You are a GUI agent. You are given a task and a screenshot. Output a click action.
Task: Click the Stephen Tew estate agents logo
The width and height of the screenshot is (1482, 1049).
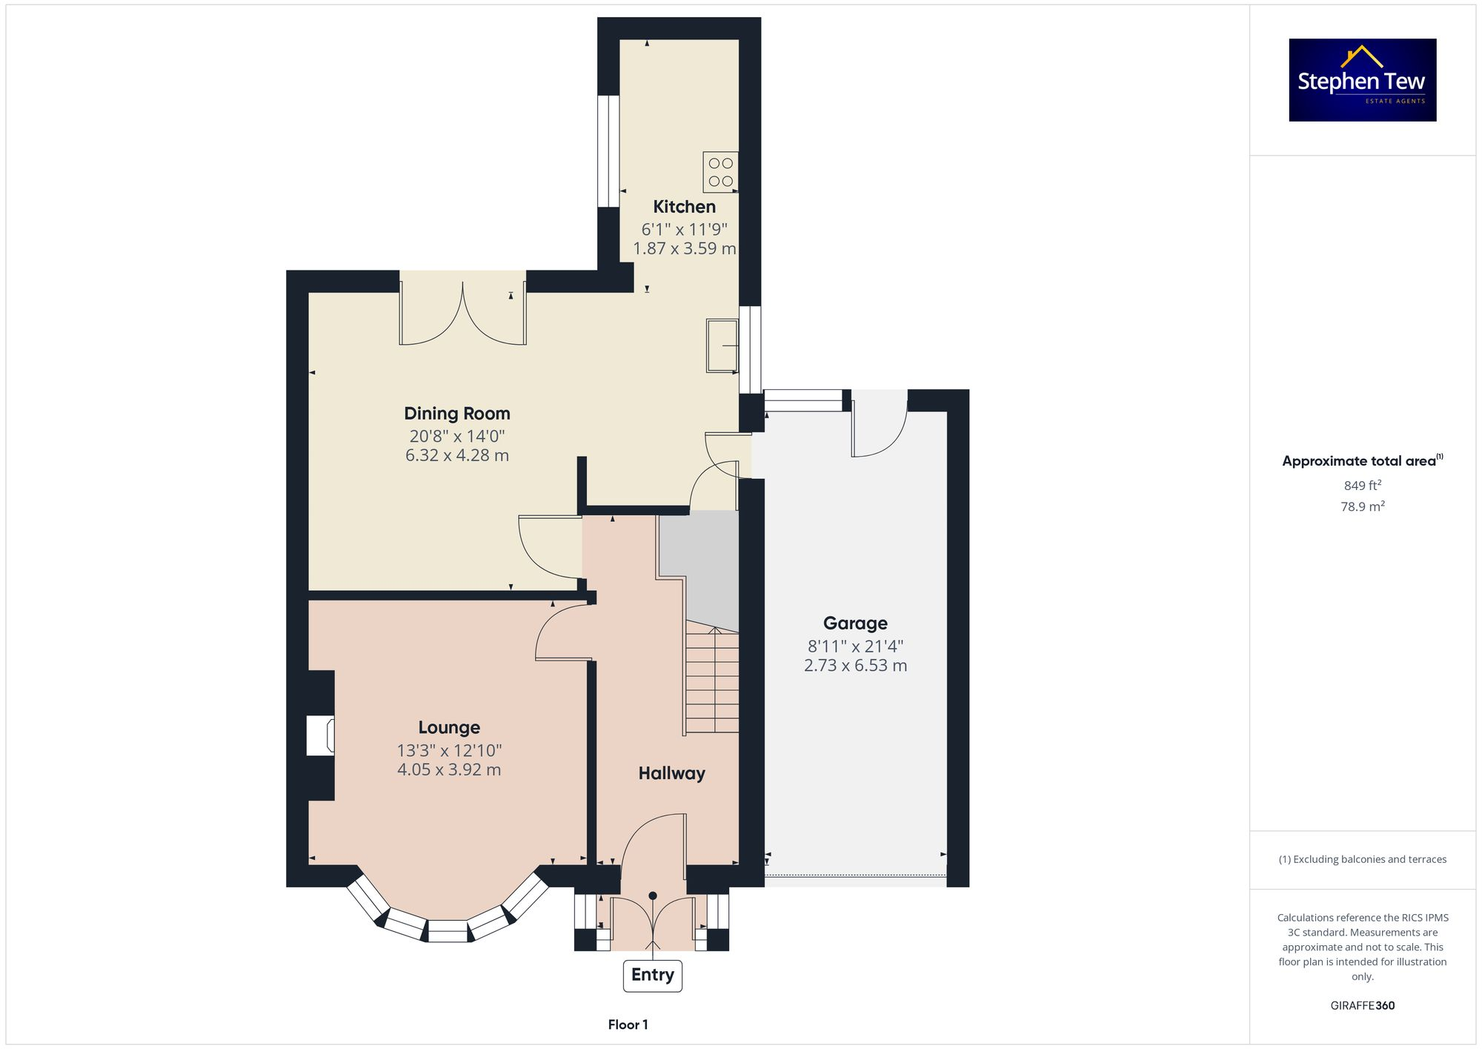(x=1362, y=80)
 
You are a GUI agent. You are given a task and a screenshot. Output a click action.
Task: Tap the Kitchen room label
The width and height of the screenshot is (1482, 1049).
(x=684, y=207)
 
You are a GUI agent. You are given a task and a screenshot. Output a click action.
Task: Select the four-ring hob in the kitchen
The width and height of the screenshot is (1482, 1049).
(x=720, y=172)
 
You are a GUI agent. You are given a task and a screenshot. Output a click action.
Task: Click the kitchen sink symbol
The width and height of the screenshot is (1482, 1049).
(x=722, y=345)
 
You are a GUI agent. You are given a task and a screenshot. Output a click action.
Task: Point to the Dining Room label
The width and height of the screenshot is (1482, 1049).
(x=456, y=414)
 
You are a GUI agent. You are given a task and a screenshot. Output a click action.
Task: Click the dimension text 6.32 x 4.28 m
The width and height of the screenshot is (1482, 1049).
(x=456, y=455)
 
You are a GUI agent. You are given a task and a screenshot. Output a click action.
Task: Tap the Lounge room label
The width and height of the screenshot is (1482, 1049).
(x=449, y=727)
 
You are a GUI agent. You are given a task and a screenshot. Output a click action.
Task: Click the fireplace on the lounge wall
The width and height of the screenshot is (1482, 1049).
(x=321, y=735)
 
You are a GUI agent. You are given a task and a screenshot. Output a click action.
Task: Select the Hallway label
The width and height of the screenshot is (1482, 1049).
(x=671, y=773)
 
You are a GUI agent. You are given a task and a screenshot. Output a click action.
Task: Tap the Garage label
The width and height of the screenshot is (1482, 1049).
(x=855, y=623)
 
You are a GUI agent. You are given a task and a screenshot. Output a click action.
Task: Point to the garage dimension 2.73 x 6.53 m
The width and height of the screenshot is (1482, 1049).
(x=855, y=666)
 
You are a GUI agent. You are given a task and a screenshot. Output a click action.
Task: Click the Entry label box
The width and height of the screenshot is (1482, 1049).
(x=652, y=975)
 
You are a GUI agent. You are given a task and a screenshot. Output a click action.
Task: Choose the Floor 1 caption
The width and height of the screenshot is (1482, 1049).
(x=628, y=1025)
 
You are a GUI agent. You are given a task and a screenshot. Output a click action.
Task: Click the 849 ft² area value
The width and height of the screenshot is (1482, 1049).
(x=1362, y=486)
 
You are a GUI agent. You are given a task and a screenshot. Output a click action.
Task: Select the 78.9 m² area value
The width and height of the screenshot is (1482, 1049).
(x=1362, y=507)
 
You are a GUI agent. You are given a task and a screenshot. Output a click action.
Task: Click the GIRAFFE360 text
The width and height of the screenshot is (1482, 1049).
(x=1362, y=1006)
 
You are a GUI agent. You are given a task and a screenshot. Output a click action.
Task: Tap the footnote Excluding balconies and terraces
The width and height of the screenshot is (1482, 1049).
(x=1362, y=859)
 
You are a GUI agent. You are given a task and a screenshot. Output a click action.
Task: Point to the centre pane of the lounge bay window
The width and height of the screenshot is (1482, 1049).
(x=448, y=931)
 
